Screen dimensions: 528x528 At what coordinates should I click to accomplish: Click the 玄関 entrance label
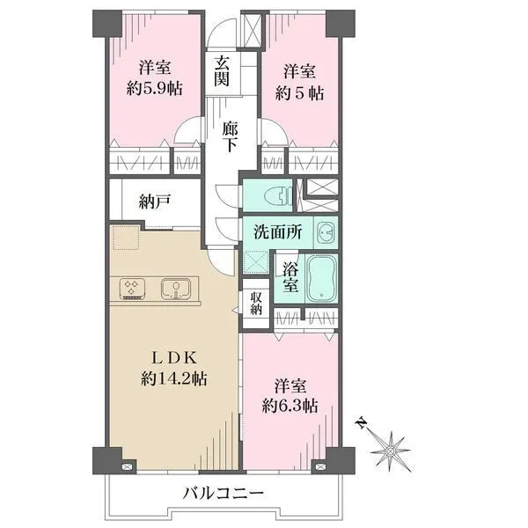[x=222, y=71]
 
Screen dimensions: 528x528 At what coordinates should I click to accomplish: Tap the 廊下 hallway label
[x=230, y=136]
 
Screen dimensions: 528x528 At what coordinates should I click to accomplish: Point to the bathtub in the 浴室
[x=322, y=278]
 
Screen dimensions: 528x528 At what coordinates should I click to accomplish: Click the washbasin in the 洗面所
[x=326, y=232]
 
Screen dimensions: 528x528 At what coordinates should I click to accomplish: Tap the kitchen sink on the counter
[x=175, y=289]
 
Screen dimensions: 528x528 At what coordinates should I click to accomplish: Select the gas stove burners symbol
[x=133, y=289]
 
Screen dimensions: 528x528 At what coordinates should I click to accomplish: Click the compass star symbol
[x=391, y=451]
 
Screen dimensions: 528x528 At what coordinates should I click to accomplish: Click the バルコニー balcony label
[x=223, y=494]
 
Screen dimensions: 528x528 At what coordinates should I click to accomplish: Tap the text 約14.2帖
[x=173, y=379]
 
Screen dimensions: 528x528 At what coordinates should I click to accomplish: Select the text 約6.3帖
[x=290, y=407]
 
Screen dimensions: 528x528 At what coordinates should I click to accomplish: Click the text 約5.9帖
[x=155, y=89]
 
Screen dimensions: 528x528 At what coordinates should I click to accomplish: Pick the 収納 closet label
[x=256, y=303]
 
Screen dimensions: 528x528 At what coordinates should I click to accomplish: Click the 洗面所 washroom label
[x=278, y=232]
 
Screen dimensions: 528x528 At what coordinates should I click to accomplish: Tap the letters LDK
[x=174, y=358]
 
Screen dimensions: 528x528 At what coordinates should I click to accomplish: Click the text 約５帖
[x=300, y=93]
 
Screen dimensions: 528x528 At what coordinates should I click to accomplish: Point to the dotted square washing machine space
[x=126, y=238]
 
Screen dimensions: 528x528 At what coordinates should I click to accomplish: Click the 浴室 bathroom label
[x=290, y=277]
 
